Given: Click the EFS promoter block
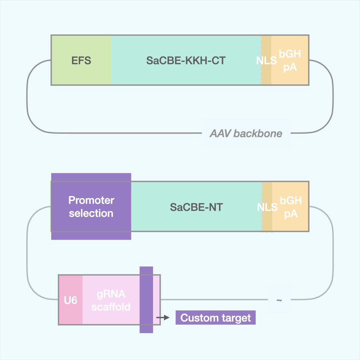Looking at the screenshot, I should pos(81,60).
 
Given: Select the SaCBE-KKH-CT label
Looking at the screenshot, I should pos(186,60).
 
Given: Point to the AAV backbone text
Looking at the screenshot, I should pos(246,134).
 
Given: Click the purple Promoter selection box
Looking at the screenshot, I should pos(91,206).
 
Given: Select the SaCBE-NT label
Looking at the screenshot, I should pos(196,207).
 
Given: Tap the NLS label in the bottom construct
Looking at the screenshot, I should pos(267,207).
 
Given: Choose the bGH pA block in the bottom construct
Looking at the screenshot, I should pos(291,207).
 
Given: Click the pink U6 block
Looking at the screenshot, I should pos(71,300).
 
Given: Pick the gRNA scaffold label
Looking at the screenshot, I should pos(111,300).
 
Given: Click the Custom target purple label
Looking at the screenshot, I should pos(215,318).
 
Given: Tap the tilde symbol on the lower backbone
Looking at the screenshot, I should pos(279,300).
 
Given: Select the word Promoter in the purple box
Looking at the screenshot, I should pos(91,200).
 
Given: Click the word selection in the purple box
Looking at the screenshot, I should pos(91,213).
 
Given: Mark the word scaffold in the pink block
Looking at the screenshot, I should pos(111,307).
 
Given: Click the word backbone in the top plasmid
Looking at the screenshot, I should pos(258,134).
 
